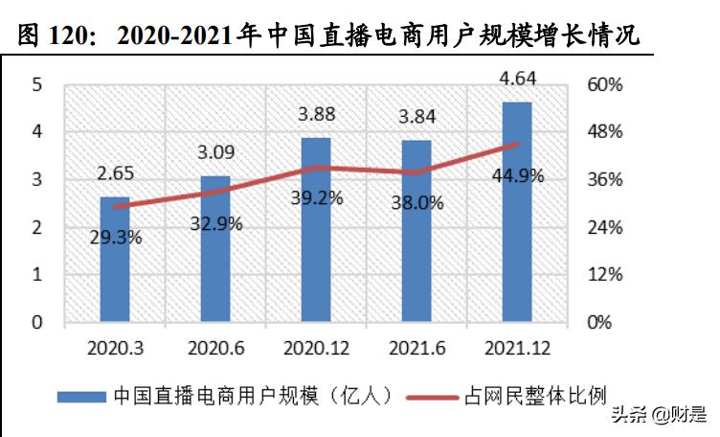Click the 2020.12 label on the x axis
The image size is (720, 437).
[316, 345]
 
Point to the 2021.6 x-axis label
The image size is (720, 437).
[416, 345]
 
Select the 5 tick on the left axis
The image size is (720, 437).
[36, 84]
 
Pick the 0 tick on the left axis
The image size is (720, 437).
[36, 322]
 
